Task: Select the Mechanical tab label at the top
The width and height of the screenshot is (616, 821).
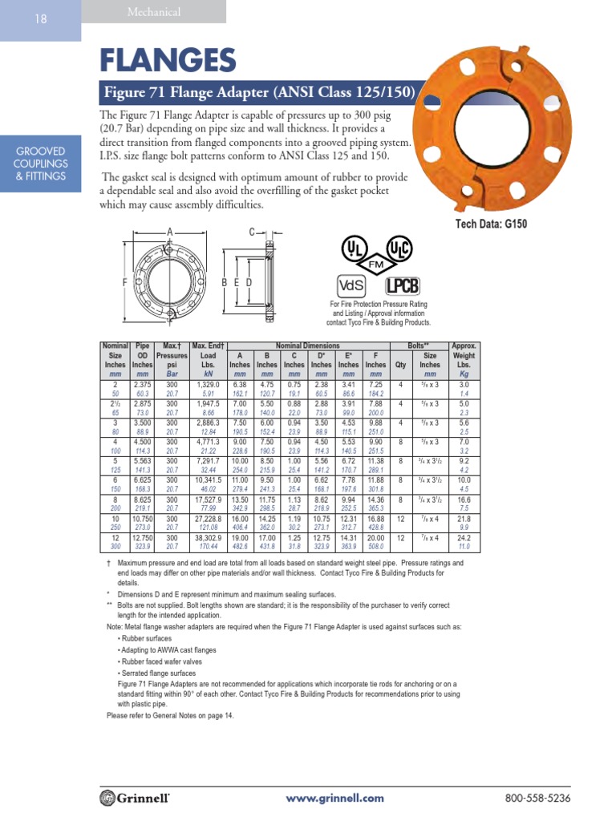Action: tap(154, 12)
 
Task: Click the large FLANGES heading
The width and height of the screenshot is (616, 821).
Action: tap(168, 60)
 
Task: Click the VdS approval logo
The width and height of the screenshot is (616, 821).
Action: tap(351, 285)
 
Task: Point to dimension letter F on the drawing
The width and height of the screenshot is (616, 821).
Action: tap(125, 283)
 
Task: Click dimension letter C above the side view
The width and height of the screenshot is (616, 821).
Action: tap(251, 233)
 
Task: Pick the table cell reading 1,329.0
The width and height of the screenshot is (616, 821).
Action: tap(208, 386)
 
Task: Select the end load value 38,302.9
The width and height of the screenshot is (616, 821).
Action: tap(208, 540)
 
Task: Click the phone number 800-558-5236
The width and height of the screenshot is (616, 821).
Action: tap(537, 799)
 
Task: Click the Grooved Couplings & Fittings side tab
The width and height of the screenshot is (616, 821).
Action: tap(40, 164)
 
